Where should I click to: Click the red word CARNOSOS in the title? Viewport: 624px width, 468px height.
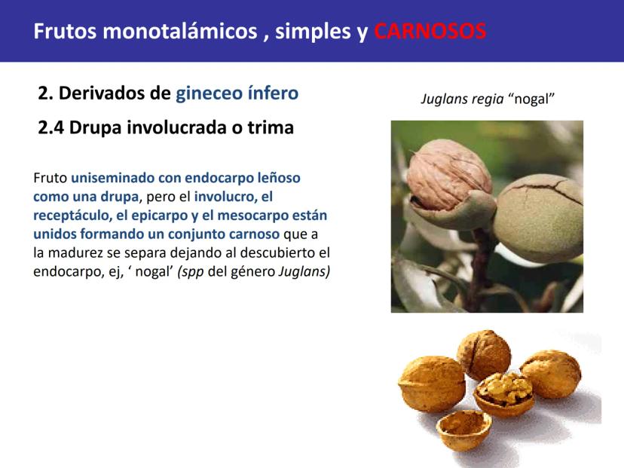tap(430, 31)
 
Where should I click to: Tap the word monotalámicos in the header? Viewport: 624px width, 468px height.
tap(180, 31)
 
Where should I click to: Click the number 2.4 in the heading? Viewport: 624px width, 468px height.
tap(50, 128)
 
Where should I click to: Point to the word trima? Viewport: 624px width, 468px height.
tap(271, 128)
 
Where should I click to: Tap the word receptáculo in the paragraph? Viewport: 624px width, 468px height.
tap(72, 216)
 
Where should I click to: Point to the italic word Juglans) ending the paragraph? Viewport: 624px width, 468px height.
tap(304, 271)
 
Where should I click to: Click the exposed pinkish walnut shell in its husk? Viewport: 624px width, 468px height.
tap(448, 175)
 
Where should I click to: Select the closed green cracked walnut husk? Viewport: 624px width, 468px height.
tap(538, 218)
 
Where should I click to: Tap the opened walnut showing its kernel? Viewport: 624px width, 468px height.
tap(504, 394)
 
